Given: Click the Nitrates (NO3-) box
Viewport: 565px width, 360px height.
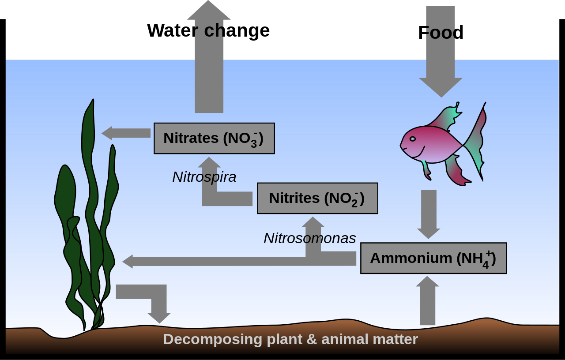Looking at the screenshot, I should click(214, 138).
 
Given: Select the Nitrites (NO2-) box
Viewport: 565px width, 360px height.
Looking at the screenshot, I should click(317, 198).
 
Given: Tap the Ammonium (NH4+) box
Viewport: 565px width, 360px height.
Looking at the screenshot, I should click(433, 258).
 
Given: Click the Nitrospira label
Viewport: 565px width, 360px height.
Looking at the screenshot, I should click(204, 177).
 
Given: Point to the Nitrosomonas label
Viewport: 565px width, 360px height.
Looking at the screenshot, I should click(309, 238).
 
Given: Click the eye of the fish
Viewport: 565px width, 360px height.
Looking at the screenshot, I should click(412, 139).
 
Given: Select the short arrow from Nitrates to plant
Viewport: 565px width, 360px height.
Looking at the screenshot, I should click(126, 133).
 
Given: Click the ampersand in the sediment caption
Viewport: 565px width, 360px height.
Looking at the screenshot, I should click(312, 339).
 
